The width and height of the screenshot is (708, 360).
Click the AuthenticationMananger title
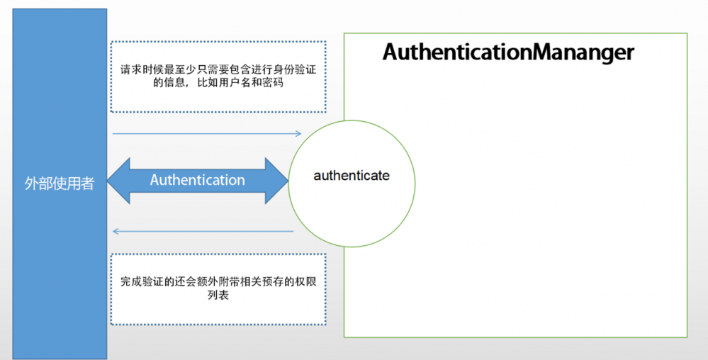tap(508, 52)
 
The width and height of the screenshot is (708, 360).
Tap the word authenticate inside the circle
tap(352, 175)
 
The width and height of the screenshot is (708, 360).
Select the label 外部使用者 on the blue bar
tap(60, 185)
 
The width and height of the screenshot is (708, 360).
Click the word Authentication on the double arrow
tap(197, 180)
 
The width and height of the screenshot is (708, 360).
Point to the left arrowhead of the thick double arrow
tap(119, 181)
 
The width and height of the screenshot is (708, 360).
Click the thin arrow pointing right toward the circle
tap(206, 133)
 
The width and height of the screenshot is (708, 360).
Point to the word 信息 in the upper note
tap(142, 84)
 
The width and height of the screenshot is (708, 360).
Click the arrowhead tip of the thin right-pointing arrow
tap(300, 133)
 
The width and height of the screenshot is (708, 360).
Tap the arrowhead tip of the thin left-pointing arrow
tap(114, 231)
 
